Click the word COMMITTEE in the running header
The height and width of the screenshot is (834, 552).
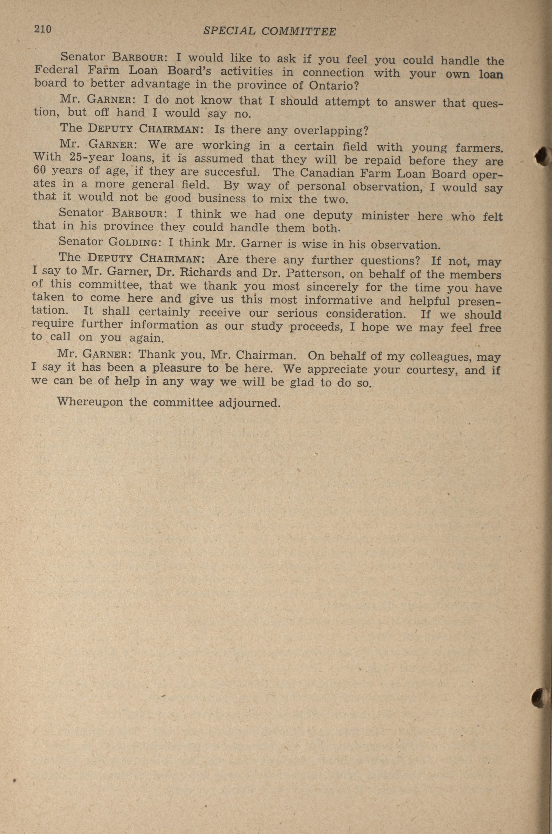point(299,32)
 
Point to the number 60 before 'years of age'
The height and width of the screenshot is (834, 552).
point(41,170)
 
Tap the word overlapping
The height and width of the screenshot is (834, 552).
point(330,131)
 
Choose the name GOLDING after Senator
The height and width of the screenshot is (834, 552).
point(134,242)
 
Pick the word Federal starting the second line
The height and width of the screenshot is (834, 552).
point(56,70)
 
